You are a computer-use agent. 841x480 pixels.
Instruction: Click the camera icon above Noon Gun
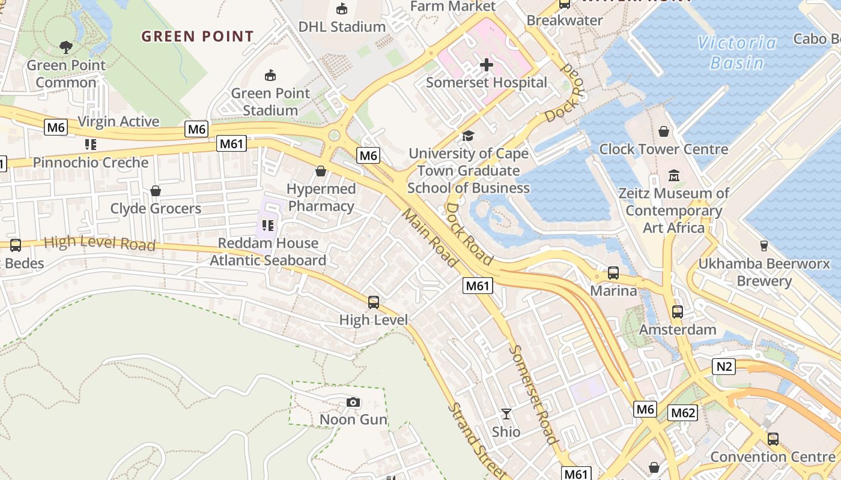(353, 402)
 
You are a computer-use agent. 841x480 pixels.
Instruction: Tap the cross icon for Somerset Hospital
(487, 65)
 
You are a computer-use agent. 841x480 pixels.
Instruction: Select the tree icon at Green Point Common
(66, 47)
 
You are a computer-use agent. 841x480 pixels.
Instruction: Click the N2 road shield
(724, 367)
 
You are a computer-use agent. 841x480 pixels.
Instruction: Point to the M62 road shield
(683, 412)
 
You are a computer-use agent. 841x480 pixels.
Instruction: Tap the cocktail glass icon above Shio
(506, 414)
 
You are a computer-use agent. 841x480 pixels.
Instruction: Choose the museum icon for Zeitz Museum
(674, 176)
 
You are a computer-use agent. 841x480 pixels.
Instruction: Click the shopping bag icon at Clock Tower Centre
(664, 131)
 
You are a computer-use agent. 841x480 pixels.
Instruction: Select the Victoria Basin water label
(736, 53)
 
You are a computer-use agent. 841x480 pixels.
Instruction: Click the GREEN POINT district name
(198, 37)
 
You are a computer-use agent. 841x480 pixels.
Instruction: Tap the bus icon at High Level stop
(374, 302)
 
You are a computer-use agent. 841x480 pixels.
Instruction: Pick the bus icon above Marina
(613, 273)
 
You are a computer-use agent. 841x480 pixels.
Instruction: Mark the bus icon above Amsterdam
(678, 312)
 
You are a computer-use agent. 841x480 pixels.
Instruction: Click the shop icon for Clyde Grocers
(156, 191)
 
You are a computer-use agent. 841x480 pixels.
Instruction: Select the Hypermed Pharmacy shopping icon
(321, 171)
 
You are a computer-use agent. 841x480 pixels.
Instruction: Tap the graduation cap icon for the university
(468, 136)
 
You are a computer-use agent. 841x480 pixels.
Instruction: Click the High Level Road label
(100, 244)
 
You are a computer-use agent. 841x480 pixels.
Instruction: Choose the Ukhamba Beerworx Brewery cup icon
(764, 245)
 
